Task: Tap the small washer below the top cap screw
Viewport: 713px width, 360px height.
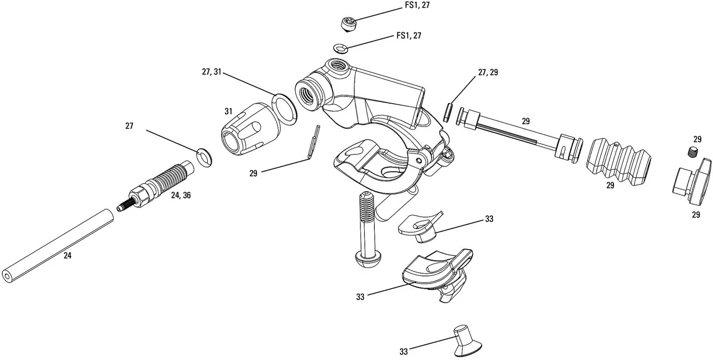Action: [341, 47]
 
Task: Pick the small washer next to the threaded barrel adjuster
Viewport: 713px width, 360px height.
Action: [205, 157]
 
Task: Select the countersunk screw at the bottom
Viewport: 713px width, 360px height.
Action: [466, 340]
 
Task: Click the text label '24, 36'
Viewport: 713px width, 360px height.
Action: [180, 196]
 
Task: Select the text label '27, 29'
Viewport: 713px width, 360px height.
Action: [488, 72]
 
